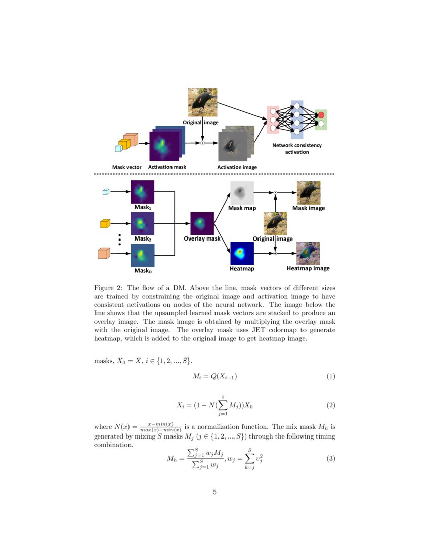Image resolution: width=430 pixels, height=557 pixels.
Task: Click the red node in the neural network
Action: [321, 115]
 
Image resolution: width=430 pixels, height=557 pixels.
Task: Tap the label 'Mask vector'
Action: [126, 167]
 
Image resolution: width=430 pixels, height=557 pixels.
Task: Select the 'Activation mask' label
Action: [167, 167]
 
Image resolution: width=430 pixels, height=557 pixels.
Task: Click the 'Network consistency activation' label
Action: [297, 148]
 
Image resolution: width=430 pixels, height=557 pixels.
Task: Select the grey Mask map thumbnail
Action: [241, 193]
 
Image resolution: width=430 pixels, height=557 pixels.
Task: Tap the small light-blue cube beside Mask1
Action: [106, 192]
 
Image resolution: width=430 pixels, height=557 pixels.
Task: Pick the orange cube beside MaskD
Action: [104, 253]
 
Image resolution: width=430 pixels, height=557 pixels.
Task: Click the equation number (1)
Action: [331, 376]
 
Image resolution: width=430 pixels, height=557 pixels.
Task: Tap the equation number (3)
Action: [331, 459]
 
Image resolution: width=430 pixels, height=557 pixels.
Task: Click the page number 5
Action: [215, 492]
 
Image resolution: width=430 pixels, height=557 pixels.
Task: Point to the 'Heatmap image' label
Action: [308, 268]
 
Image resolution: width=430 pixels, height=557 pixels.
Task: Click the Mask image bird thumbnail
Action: [309, 193]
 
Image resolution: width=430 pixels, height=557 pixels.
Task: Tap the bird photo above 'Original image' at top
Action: [202, 103]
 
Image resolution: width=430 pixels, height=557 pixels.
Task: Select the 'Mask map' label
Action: [242, 208]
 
